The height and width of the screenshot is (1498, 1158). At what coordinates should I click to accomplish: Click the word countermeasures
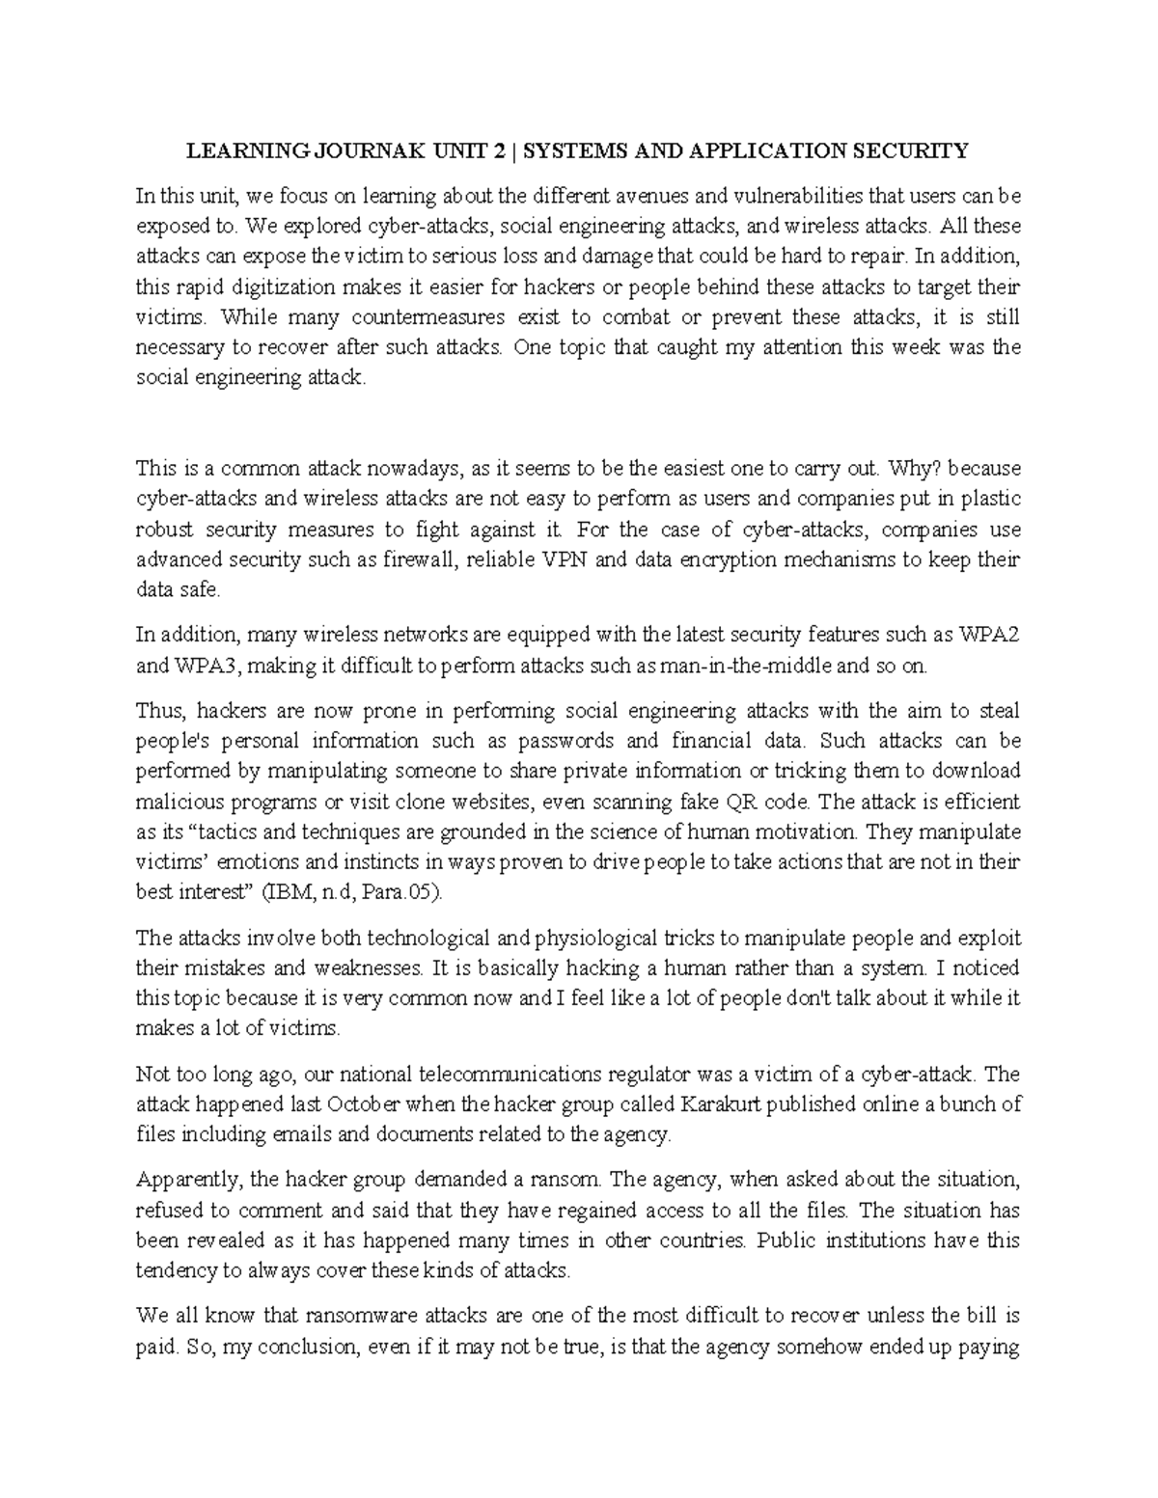(437, 317)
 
